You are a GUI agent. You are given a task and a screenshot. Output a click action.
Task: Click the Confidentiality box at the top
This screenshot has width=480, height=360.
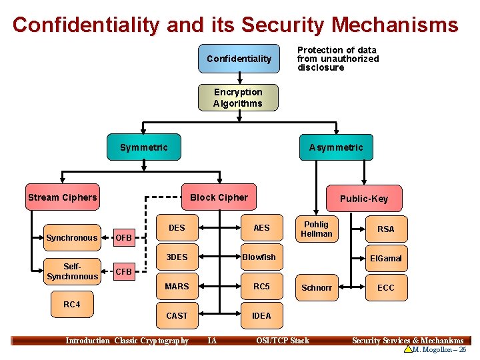point(239,59)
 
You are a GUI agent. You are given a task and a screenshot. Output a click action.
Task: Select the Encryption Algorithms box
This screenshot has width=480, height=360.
point(238,97)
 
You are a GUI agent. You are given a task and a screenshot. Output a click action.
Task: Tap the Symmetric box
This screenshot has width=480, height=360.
point(144,147)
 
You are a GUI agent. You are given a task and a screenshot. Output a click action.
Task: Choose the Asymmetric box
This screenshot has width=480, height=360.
point(336,147)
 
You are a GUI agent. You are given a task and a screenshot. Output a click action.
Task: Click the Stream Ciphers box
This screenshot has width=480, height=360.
point(62,197)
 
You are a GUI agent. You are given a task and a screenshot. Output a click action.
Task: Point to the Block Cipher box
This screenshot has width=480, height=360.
point(219,197)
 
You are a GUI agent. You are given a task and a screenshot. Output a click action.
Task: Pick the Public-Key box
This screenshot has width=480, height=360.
point(363,199)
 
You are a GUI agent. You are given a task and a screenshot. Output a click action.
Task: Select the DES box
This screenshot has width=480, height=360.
point(177,228)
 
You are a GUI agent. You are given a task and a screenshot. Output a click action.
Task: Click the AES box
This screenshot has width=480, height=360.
point(261,228)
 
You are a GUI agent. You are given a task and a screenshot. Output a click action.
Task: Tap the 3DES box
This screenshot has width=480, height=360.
point(177,257)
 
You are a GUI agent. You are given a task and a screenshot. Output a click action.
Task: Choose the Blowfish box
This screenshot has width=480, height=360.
point(259,257)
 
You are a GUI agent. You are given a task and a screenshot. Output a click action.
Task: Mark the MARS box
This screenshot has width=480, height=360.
point(177,287)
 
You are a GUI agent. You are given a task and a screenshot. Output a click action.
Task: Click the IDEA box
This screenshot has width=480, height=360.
point(261,316)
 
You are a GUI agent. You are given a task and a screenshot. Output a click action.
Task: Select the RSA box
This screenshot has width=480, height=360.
point(385,229)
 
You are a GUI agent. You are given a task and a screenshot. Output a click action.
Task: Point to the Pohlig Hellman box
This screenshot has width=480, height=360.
point(317,229)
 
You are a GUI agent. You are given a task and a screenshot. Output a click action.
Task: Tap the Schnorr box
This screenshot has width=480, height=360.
point(317,288)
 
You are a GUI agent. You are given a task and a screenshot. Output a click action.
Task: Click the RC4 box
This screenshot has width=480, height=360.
point(71,305)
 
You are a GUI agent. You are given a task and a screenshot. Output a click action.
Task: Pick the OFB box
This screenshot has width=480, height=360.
point(124,237)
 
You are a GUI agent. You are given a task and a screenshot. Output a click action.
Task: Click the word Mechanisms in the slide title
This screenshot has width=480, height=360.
point(395,25)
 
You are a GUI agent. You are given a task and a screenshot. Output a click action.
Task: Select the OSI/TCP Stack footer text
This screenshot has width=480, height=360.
point(283,341)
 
